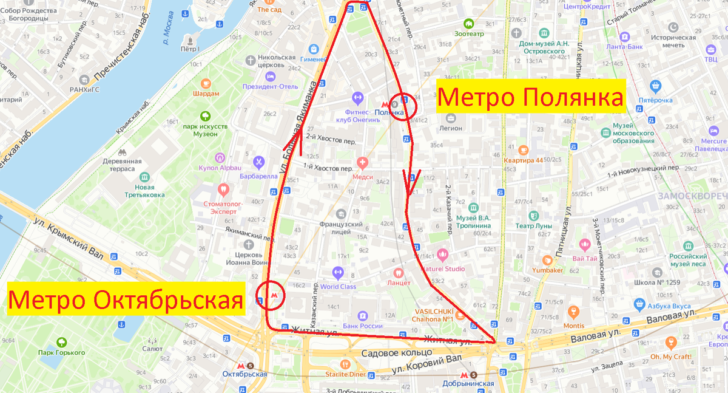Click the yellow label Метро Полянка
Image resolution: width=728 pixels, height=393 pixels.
531,96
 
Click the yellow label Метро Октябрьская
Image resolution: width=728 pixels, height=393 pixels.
126,299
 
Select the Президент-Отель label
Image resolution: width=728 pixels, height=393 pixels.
271,86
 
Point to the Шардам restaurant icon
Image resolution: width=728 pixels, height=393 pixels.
206,83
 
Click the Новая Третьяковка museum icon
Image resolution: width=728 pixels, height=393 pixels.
144,177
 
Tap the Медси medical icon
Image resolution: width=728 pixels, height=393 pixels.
363,162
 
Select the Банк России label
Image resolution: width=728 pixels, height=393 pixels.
362,326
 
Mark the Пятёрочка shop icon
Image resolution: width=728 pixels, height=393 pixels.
655,86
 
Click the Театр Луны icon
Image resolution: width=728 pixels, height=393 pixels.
533,215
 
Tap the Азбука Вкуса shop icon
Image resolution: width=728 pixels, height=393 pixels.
638,303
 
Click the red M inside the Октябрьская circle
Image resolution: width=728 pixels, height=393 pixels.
275,295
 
